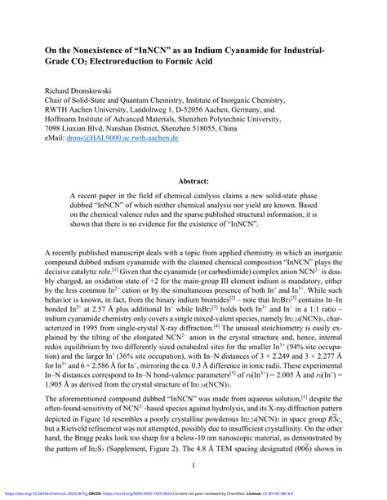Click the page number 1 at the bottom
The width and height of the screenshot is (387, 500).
(193, 467)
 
